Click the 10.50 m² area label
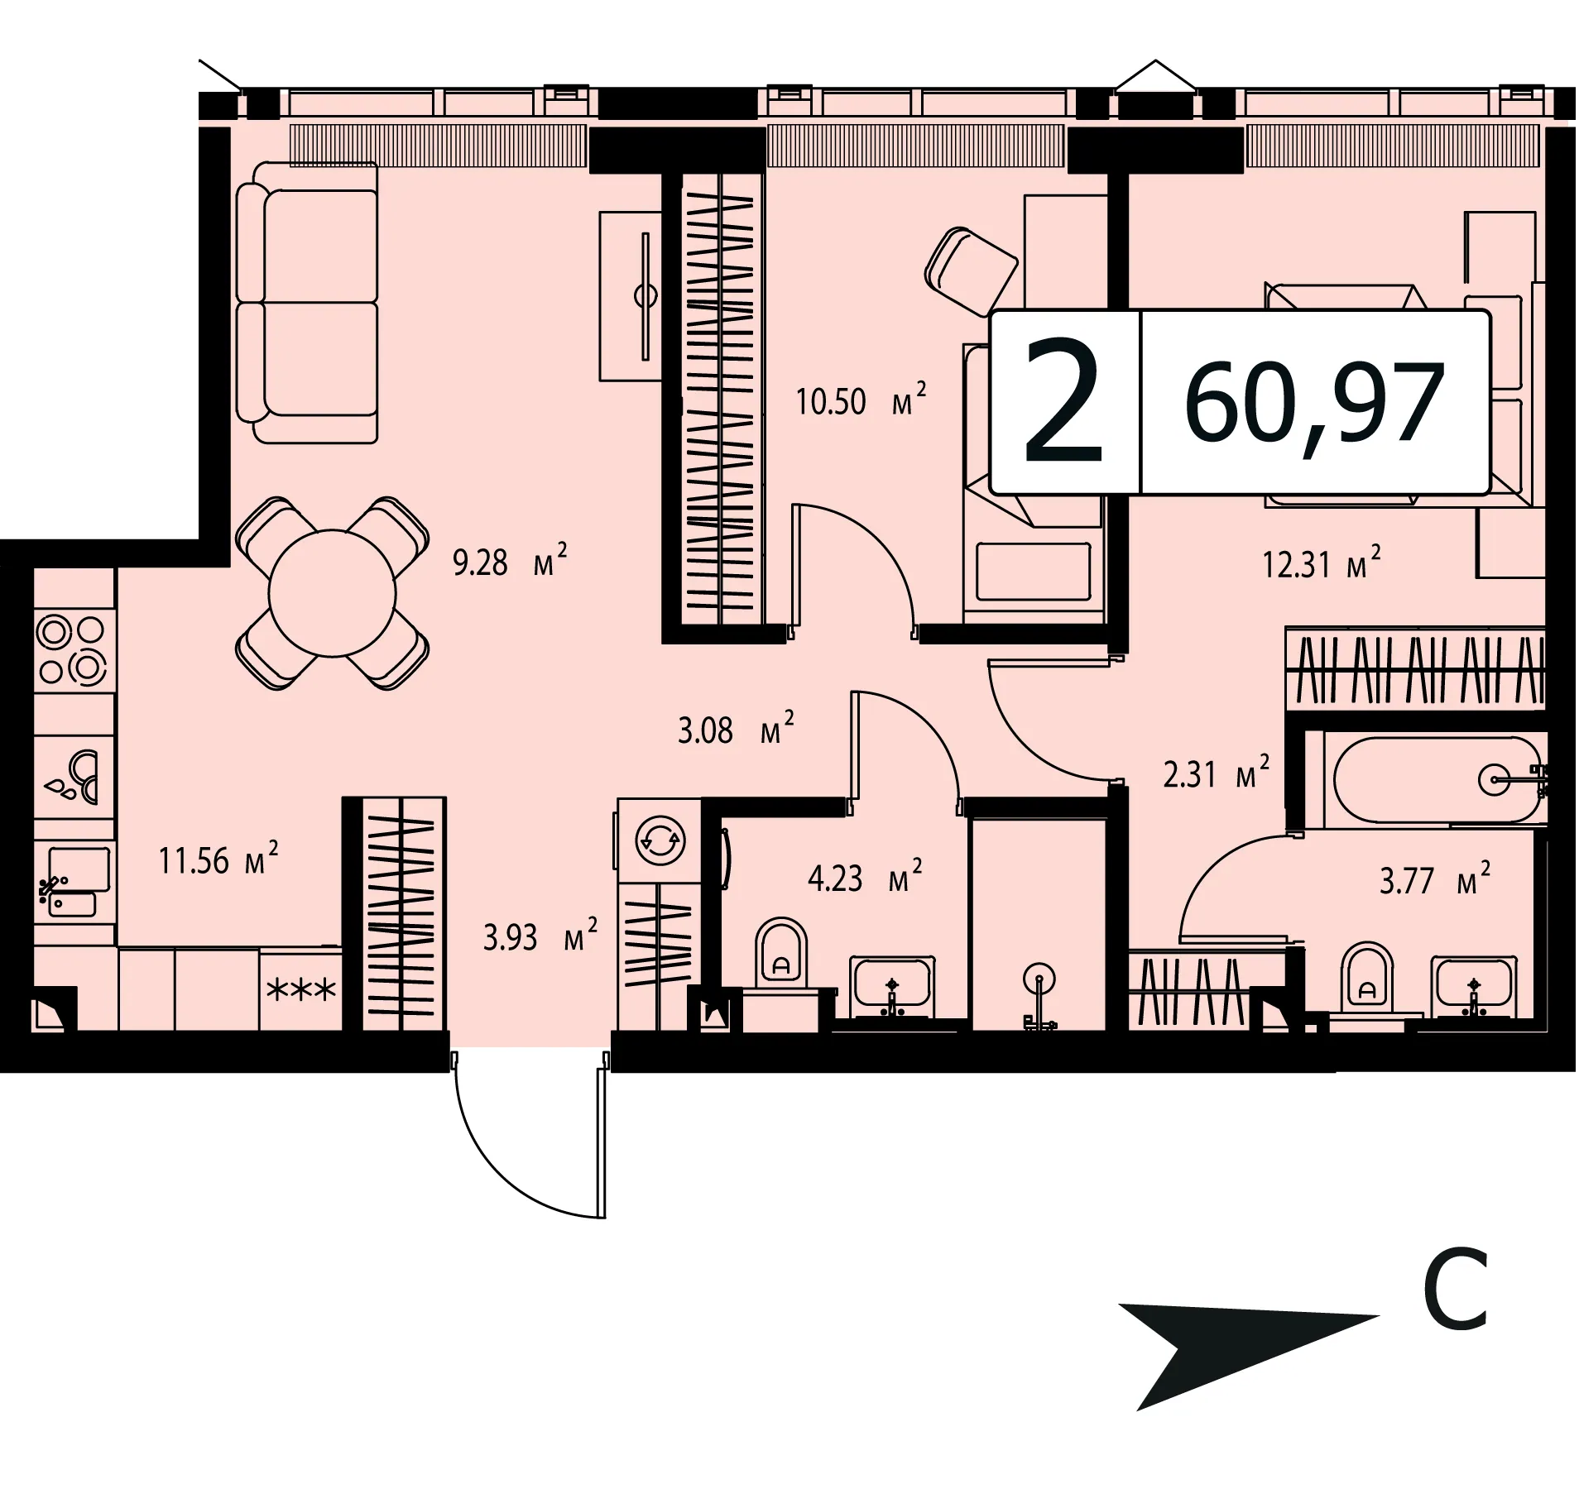pos(861,400)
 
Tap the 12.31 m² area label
pos(1322,563)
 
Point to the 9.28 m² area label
pos(510,561)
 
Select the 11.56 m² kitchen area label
pos(218,859)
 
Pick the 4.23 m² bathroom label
pos(865,877)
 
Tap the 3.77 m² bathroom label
pos(1435,879)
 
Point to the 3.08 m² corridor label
pos(736,729)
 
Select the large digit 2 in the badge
pos(1064,403)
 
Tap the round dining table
pos(332,592)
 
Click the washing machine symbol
pos(658,840)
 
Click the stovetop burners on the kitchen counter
pos(73,651)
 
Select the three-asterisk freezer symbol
pos(300,989)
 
